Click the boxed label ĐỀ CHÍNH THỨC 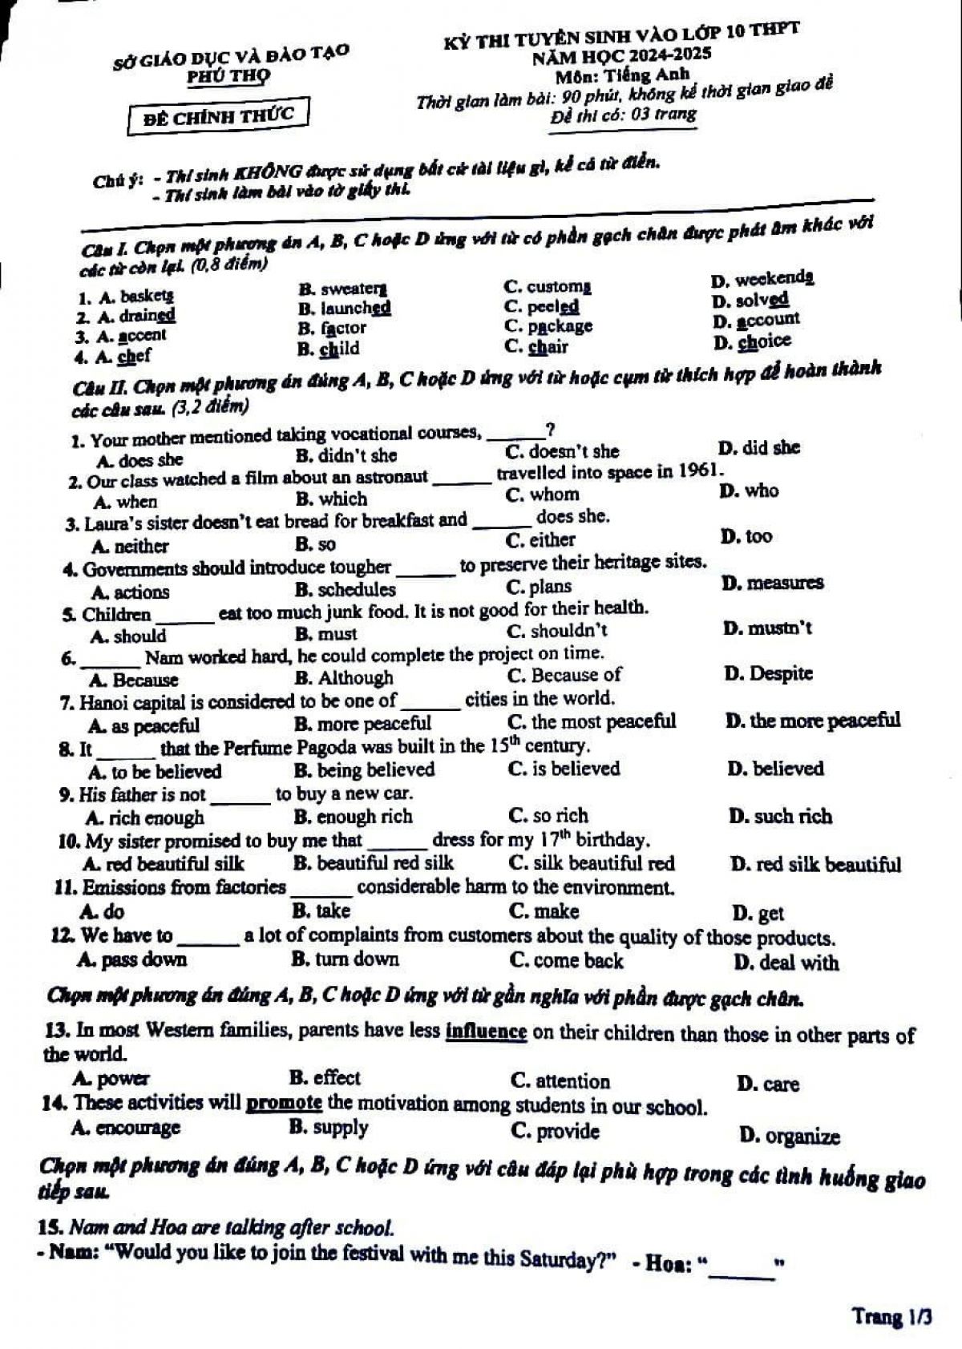pyautogui.click(x=218, y=115)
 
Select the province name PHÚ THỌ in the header pyautogui.click(x=228, y=77)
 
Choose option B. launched pyautogui.click(x=344, y=308)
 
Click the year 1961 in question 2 pyautogui.click(x=698, y=471)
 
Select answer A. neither pyautogui.click(x=131, y=547)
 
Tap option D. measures pyautogui.click(x=772, y=583)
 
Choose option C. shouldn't pyautogui.click(x=557, y=631)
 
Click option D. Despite pyautogui.click(x=768, y=673)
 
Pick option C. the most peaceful pyautogui.click(x=592, y=721)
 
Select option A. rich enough pyautogui.click(x=145, y=818)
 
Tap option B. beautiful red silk pyautogui.click(x=374, y=863)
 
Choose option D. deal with pyautogui.click(x=786, y=963)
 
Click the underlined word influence pyautogui.click(x=486, y=1032)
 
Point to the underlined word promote pyautogui.click(x=285, y=1103)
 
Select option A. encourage pyautogui.click(x=126, y=1128)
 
